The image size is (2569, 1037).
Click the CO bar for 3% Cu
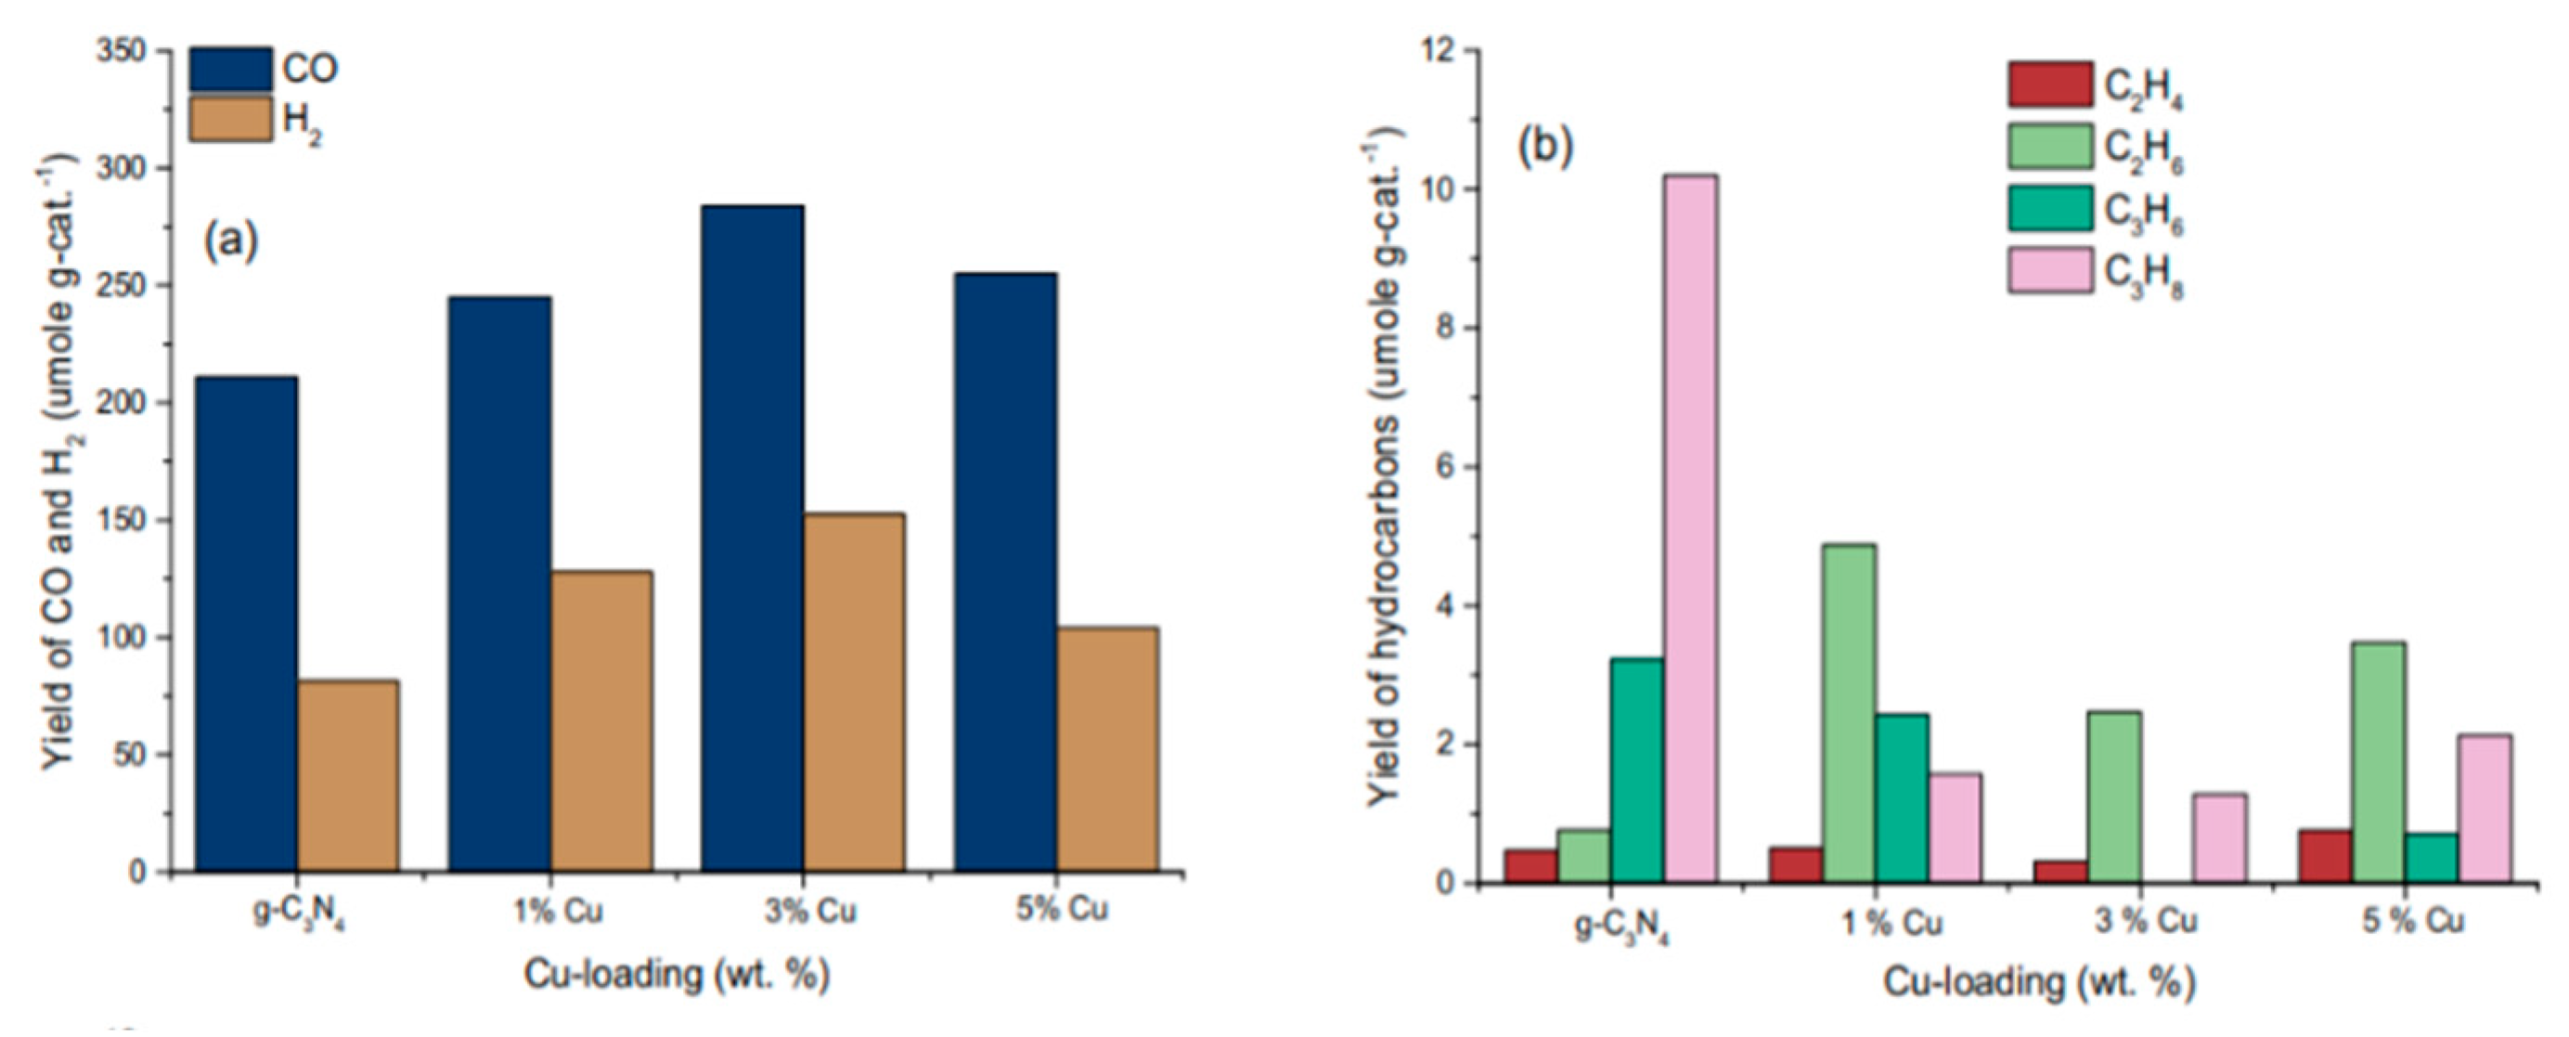752,538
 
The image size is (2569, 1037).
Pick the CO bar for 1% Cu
499,583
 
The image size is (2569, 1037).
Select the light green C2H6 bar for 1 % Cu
1848,713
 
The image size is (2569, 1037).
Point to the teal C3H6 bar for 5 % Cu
2431,858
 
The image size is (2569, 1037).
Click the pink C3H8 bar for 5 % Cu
2484,808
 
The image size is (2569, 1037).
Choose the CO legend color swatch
230,69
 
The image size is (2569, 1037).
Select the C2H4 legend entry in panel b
2050,84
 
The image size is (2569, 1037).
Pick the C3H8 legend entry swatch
2050,271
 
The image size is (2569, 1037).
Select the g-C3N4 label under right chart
1622,927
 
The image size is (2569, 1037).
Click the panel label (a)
231,241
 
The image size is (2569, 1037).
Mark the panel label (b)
1543,148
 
